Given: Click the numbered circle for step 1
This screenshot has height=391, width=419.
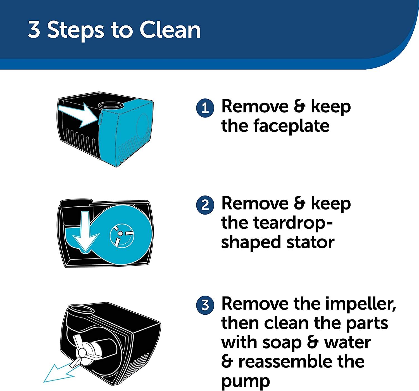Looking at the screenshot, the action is [x=205, y=108].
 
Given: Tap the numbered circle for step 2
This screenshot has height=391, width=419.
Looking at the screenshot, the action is [x=205, y=205].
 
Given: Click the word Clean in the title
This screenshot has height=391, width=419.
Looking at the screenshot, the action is [x=170, y=30].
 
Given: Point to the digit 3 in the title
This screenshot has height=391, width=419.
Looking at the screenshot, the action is [x=34, y=30].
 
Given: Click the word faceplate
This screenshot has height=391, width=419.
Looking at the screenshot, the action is [x=275, y=126].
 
